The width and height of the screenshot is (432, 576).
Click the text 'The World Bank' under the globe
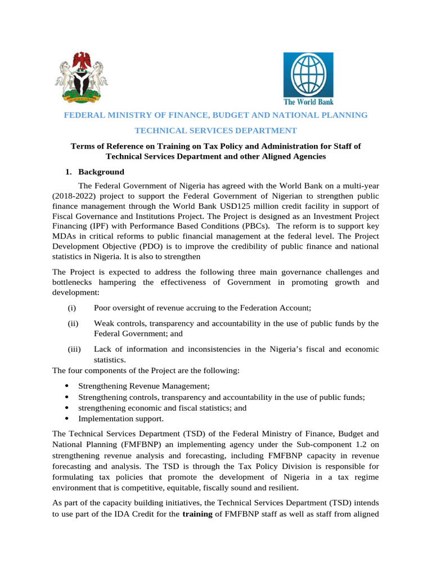click(x=308, y=102)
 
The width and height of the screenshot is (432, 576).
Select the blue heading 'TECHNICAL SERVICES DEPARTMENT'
click(x=215, y=130)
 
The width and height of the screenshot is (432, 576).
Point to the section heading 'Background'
click(x=101, y=172)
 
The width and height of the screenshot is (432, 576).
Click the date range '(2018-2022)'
click(x=73, y=196)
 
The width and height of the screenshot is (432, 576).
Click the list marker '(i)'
click(x=71, y=308)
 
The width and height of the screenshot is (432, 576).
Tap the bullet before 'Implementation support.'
click(x=67, y=418)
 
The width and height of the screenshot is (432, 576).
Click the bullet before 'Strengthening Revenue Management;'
click(x=67, y=386)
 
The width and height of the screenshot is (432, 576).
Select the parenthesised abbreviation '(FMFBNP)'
click(x=136, y=444)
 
